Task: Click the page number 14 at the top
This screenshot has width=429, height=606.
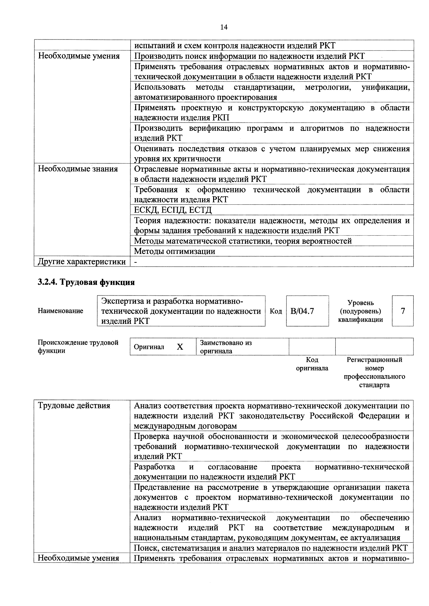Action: tap(224, 27)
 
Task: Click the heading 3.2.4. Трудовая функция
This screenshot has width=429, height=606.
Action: tap(86, 282)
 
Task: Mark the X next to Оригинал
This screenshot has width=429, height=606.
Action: tap(180, 347)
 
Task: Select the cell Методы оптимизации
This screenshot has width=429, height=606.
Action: tap(175, 251)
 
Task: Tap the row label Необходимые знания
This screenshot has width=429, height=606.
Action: tap(78, 169)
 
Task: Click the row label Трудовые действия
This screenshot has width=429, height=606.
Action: tap(74, 405)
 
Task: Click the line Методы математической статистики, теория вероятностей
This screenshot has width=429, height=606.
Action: tap(243, 241)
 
